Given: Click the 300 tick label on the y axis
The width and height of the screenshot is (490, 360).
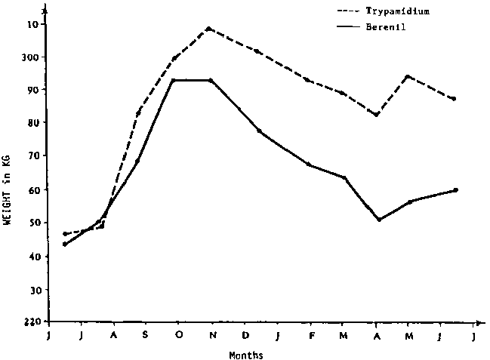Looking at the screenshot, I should [x=29, y=57].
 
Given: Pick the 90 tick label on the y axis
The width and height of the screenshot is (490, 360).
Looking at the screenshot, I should [x=32, y=90].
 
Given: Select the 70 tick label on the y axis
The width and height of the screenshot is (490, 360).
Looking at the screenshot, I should [x=32, y=156].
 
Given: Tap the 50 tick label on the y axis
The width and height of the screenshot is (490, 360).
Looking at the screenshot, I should [x=32, y=223].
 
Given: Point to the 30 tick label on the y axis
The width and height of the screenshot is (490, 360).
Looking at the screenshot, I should [x=32, y=290].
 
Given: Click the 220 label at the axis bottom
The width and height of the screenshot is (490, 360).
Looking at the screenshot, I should [x=29, y=323].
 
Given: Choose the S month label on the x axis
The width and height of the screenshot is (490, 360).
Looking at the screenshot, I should [x=145, y=335].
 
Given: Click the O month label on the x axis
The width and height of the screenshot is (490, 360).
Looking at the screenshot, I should [x=178, y=335].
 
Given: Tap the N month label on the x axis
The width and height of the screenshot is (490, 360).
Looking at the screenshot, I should [x=212, y=335].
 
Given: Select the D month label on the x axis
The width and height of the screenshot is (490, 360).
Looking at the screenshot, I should [x=245, y=335].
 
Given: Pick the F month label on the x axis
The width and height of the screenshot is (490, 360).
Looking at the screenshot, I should [x=311, y=335].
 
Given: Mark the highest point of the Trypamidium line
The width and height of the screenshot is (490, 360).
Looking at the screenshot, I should [x=208, y=29].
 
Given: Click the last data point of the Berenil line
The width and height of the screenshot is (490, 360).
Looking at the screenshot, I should [x=456, y=190].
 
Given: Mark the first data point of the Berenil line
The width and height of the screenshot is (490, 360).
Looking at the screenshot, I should [x=64, y=244].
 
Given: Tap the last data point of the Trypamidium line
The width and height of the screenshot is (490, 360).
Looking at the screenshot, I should [x=453, y=99].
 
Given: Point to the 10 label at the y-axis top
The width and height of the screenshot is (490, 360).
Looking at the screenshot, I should [x=32, y=24].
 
